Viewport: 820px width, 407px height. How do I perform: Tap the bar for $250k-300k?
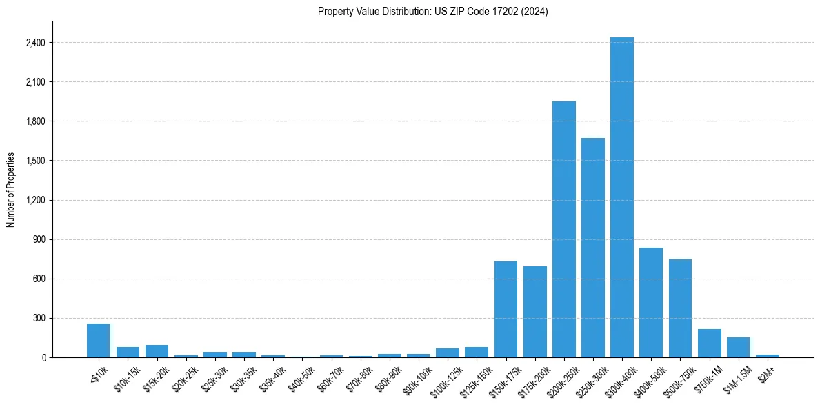click(592, 248)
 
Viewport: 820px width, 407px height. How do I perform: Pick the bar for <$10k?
click(99, 341)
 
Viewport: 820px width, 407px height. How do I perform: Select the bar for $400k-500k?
click(650, 303)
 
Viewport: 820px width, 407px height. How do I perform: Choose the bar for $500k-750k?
click(680, 308)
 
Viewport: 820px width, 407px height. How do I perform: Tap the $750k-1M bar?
click(709, 344)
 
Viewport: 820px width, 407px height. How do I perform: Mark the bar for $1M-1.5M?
click(738, 348)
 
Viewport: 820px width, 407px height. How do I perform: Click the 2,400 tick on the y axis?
click(35, 43)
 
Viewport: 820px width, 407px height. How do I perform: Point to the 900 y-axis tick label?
click(39, 240)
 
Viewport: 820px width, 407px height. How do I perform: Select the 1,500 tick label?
click(35, 161)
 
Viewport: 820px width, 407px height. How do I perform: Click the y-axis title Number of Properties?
click(11, 190)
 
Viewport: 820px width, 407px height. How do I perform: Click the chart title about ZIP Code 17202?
click(432, 12)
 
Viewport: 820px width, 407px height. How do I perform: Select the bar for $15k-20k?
click(157, 351)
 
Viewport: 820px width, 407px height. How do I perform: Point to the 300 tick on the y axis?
click(39, 319)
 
